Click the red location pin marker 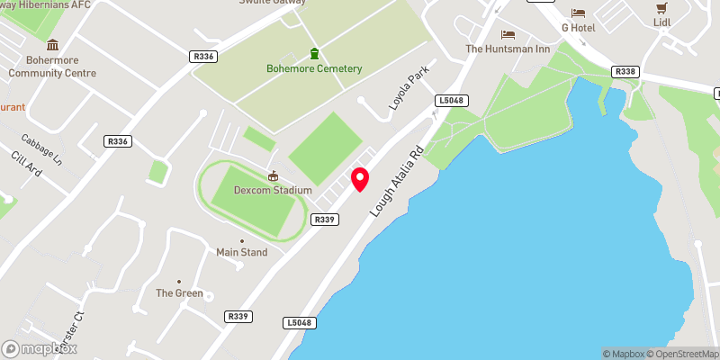(x=360, y=178)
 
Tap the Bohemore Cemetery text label (x=314, y=69)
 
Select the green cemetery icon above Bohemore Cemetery (x=314, y=53)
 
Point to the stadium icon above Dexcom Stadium (x=273, y=176)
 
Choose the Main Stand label (x=241, y=253)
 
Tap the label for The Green (x=180, y=293)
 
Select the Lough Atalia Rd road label (x=395, y=183)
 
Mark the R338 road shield (x=624, y=70)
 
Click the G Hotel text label (x=579, y=28)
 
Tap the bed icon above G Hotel (x=578, y=13)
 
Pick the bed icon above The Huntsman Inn (x=508, y=34)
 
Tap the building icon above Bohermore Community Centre (x=52, y=45)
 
